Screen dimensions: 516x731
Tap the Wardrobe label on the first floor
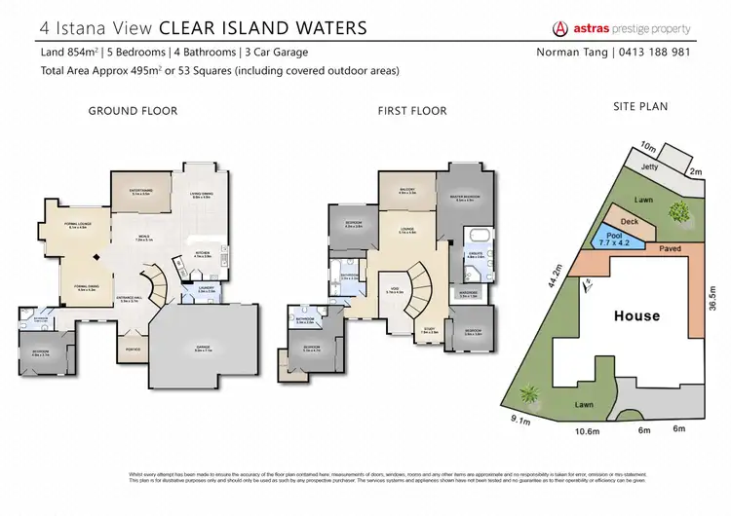click(468, 297)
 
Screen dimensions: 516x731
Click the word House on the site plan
click(636, 315)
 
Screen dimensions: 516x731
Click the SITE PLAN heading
click(639, 106)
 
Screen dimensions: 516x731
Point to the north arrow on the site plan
click(587, 282)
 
